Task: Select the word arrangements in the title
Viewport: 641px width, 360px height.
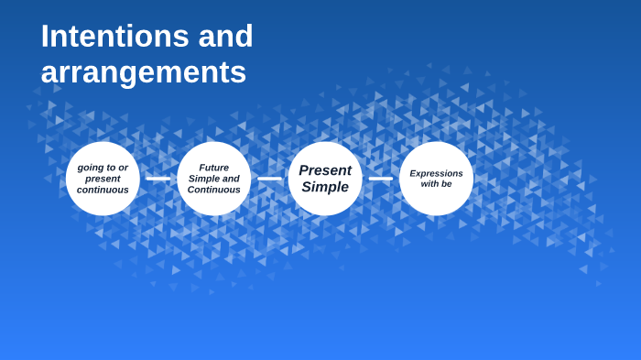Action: [x=143, y=72]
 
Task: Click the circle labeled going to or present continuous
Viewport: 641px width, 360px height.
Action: [x=103, y=179]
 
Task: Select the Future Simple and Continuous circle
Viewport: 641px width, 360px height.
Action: [x=213, y=179]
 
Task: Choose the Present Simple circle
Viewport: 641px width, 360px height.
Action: [x=325, y=179]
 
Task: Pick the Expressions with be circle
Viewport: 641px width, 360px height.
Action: [x=436, y=179]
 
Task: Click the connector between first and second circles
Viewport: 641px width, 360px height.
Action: [x=158, y=179]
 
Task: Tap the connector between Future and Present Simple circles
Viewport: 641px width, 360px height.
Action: [x=269, y=179]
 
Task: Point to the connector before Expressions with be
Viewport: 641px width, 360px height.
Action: [x=380, y=179]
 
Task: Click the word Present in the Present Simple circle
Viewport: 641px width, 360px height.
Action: [x=325, y=170]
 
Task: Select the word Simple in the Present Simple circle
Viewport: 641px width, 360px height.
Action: [x=325, y=188]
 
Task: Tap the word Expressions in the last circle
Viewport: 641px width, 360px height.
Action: [x=436, y=173]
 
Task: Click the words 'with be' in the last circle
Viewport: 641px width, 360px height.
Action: [x=436, y=184]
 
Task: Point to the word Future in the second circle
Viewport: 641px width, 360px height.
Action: [x=213, y=168]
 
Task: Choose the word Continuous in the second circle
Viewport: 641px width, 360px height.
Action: [x=213, y=190]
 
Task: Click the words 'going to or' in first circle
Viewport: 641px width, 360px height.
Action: [x=103, y=168]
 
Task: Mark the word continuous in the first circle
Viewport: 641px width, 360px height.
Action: [x=103, y=190]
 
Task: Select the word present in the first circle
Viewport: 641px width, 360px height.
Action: [x=103, y=179]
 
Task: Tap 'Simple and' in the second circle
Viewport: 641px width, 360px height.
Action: [x=213, y=179]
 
